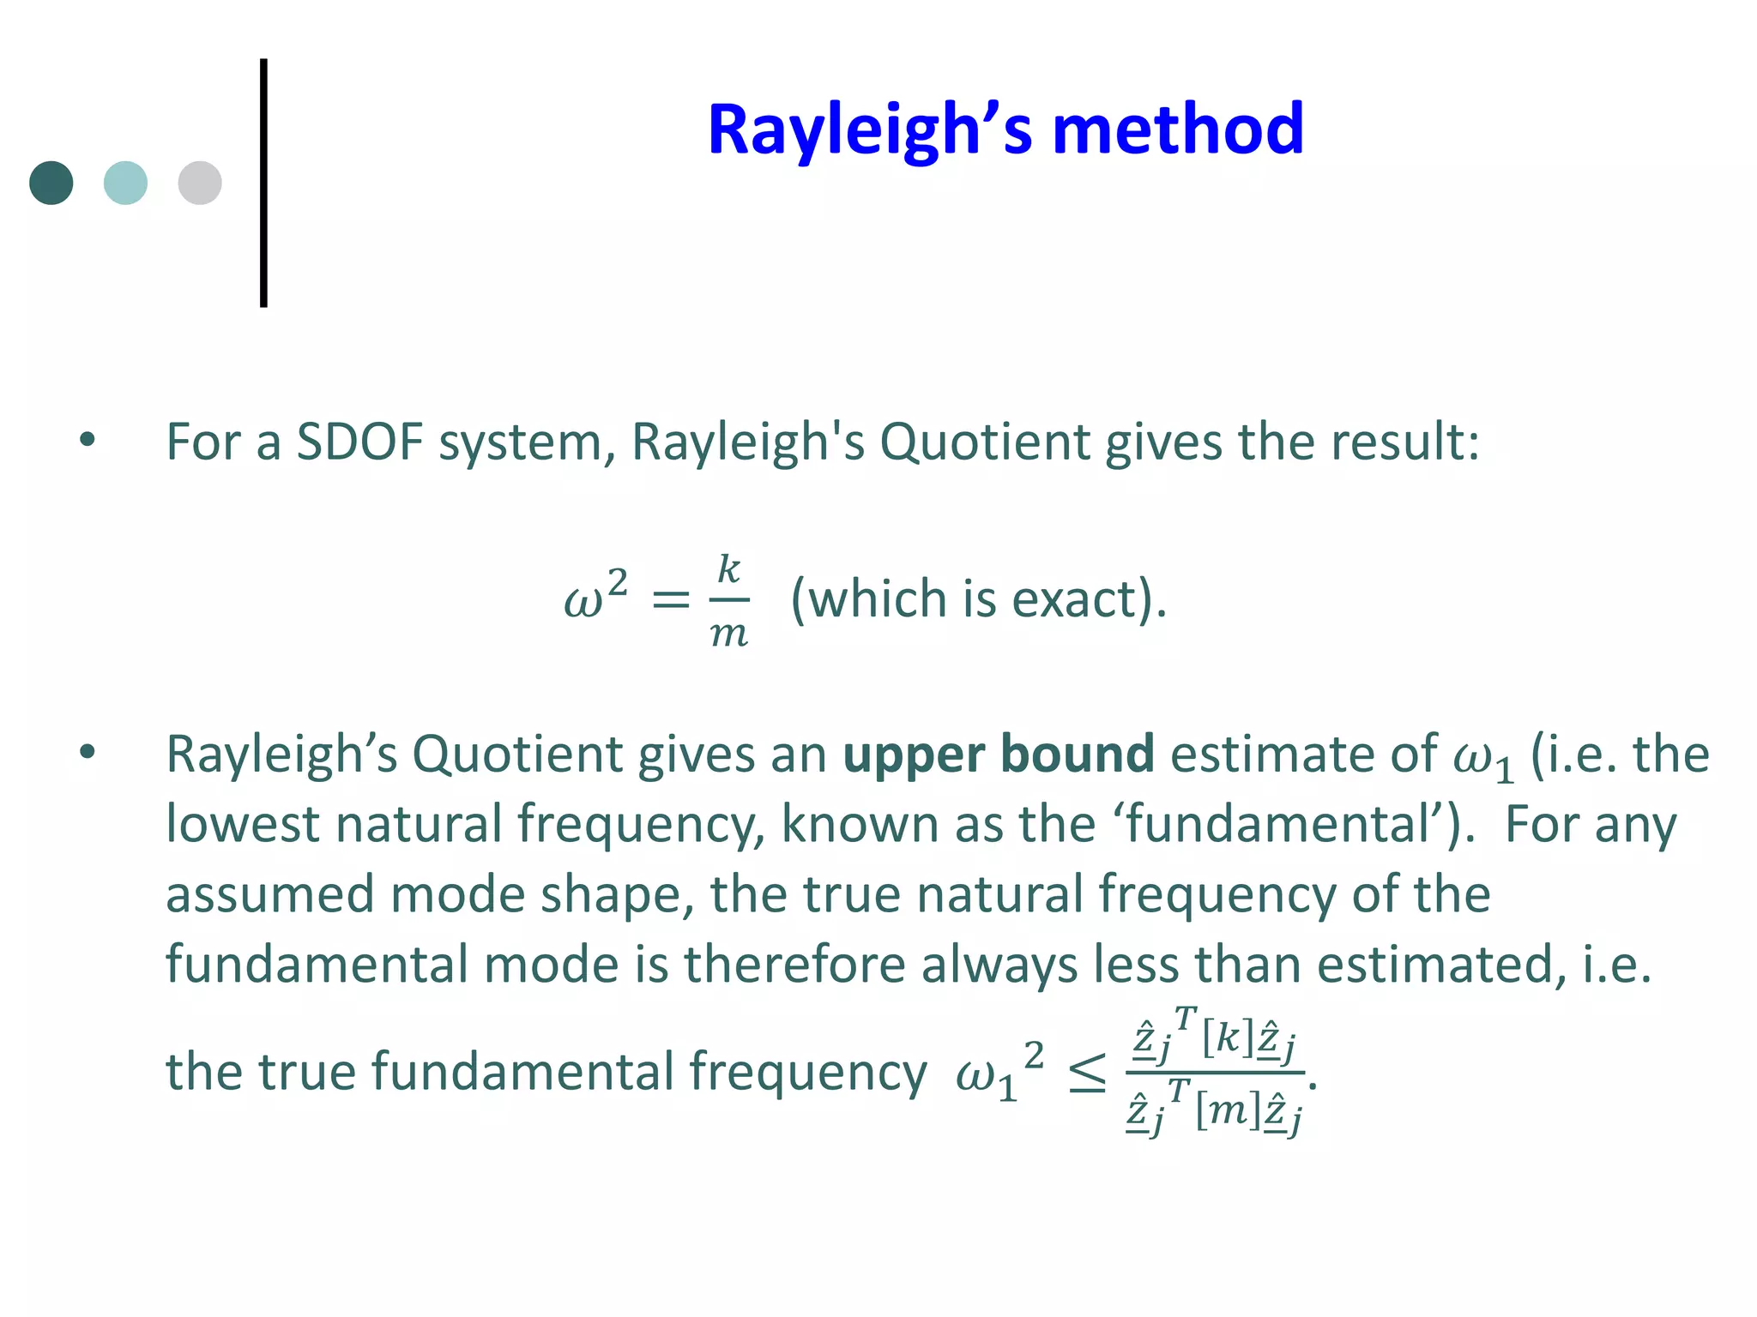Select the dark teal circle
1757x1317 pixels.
pyautogui.click(x=51, y=183)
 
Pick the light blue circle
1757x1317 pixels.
pyautogui.click(x=125, y=183)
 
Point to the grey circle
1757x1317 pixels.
pyautogui.click(x=200, y=183)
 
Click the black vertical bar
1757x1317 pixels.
pyautogui.click(x=263, y=183)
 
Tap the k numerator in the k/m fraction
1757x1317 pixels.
pyautogui.click(x=728, y=569)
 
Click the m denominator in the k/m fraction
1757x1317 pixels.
pyautogui.click(x=729, y=634)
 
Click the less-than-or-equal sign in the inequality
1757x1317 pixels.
pyautogui.click(x=1087, y=1075)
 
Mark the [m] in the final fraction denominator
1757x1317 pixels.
pyautogui.click(x=1228, y=1111)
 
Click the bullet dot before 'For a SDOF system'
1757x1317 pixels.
pyautogui.click(x=88, y=441)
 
